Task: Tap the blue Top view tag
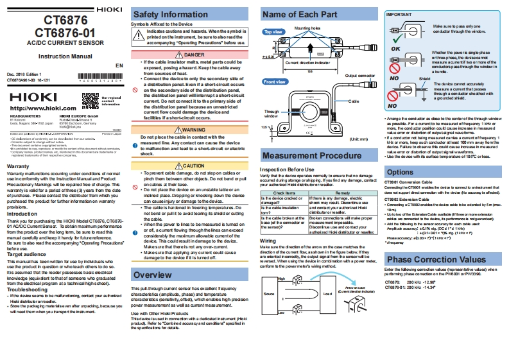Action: click(273, 31)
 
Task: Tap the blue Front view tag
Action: click(275, 82)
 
